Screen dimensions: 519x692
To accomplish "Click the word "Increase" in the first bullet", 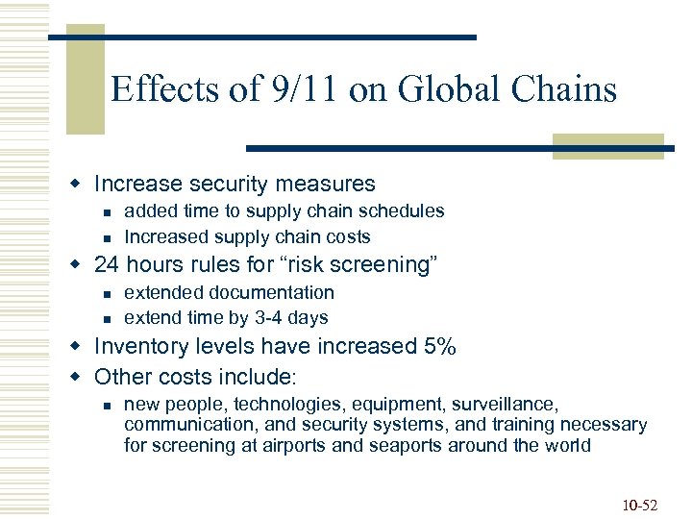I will pos(137,184).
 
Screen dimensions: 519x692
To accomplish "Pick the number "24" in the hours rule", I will pos(106,264).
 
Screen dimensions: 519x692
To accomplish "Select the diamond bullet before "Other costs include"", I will pos(84,376).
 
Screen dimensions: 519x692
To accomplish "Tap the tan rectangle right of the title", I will pos(608,143).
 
